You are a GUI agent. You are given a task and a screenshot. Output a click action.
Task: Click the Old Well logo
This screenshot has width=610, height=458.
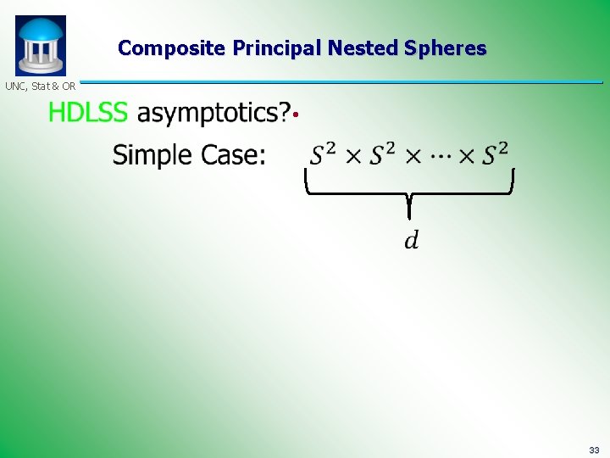40,46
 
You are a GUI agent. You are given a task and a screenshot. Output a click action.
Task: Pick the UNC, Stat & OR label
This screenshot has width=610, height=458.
40,87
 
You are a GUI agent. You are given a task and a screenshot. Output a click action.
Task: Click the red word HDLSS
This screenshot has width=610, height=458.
88,113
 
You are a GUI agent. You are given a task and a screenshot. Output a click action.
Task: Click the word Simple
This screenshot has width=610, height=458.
153,155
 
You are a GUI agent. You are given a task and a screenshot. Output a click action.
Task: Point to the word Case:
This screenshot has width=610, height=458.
232,155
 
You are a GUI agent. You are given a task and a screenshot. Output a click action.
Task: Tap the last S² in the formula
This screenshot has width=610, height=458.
496,154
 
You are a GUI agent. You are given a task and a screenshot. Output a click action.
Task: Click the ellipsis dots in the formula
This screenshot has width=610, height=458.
442,156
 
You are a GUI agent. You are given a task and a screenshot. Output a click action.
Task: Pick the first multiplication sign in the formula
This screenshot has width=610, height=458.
353,156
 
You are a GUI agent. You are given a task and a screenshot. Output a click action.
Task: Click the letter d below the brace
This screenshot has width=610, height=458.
410,242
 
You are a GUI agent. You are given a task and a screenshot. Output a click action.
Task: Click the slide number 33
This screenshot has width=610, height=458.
594,450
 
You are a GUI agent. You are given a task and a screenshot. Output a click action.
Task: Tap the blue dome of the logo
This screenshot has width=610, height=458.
40,30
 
